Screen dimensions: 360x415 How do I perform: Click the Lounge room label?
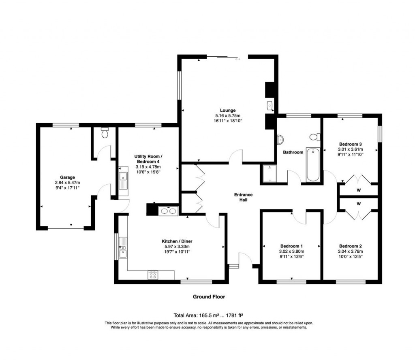(228, 110)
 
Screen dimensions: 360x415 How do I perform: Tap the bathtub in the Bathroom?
(313, 165)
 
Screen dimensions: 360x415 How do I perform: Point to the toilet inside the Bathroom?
(315, 136)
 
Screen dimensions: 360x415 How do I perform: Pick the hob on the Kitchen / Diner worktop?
(153, 275)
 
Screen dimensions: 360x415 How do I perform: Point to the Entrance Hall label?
(244, 197)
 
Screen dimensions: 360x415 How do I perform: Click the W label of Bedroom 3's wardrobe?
(359, 190)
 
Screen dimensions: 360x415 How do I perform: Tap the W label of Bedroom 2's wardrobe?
(359, 204)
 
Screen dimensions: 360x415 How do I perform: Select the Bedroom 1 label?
(291, 246)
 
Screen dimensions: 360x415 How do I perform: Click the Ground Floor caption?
(209, 297)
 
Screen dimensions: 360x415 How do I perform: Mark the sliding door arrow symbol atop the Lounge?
(237, 59)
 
